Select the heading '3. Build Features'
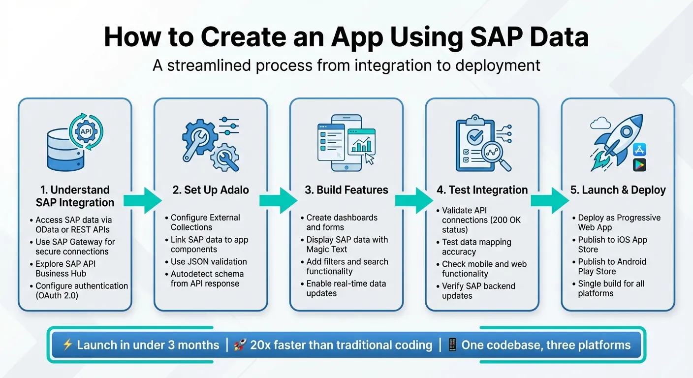coord(346,190)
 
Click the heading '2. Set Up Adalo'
coord(211,190)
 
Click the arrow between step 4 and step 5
coord(549,199)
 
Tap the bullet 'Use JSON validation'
coord(209,262)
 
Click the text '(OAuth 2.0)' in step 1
coord(57,296)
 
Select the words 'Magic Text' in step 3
coord(327,250)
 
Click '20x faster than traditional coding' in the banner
coord(341,345)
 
